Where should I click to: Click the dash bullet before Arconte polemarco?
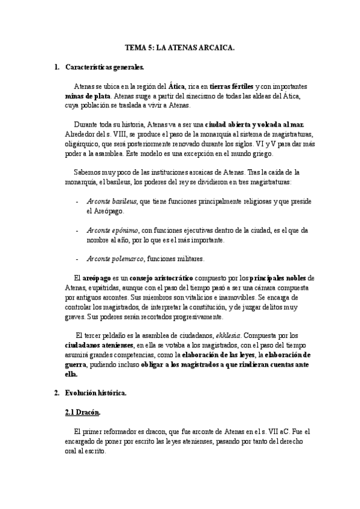click(x=77, y=259)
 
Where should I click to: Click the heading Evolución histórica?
click(x=96, y=393)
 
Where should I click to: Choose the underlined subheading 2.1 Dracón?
click(x=82, y=412)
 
